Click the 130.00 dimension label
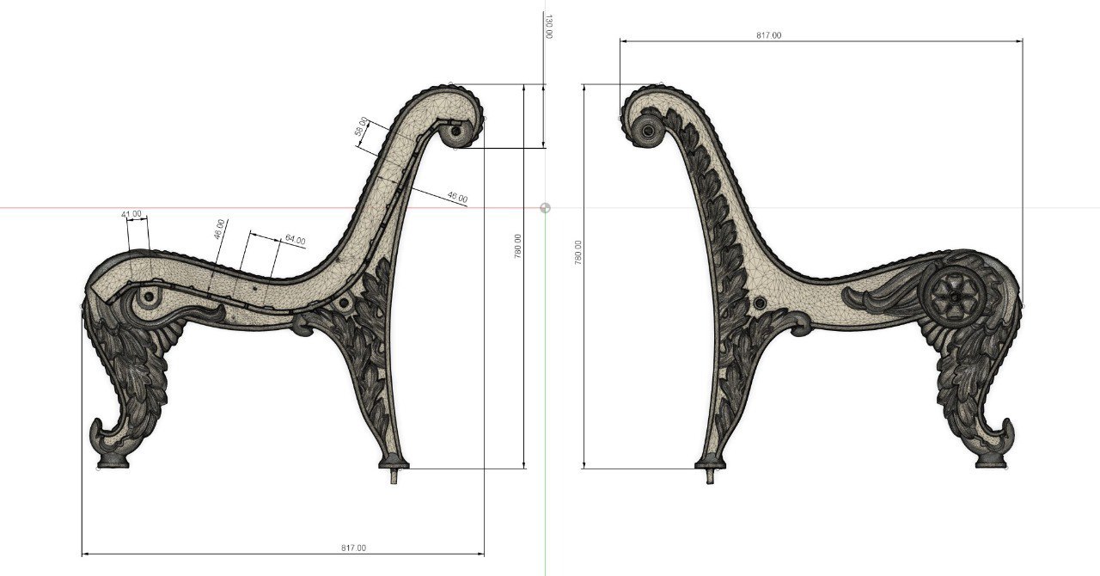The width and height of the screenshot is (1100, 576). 548,27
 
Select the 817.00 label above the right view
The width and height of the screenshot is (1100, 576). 768,35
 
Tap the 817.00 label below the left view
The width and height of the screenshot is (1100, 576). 353,548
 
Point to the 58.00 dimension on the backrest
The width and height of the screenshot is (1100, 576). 361,126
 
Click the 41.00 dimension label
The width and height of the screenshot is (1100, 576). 131,214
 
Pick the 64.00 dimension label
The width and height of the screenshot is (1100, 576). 295,240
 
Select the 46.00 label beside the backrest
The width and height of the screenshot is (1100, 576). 457,198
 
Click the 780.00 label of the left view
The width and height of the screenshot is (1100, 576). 517,246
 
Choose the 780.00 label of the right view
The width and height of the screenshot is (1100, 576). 577,253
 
